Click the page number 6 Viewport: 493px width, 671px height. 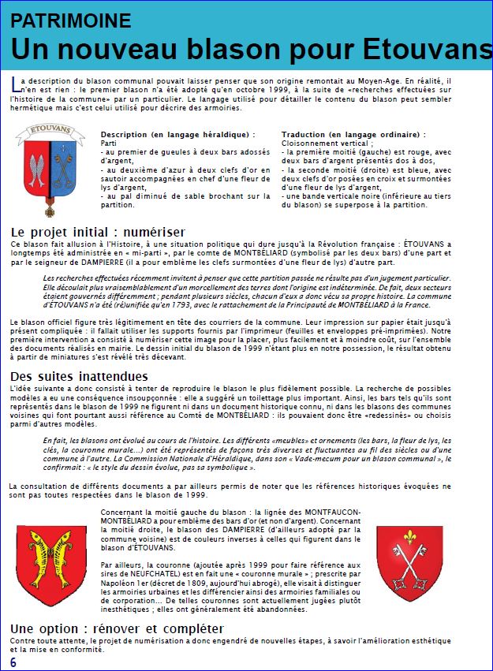[x=13, y=660]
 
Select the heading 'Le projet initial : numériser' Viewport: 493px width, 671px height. [x=98, y=232]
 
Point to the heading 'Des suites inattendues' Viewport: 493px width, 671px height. [x=79, y=375]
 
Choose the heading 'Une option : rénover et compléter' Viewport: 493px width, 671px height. [x=117, y=628]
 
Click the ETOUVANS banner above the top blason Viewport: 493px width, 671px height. [x=50, y=127]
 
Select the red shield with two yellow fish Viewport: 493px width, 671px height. [x=51, y=565]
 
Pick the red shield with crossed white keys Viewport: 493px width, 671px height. [x=409, y=562]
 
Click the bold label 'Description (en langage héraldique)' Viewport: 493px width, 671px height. [x=177, y=135]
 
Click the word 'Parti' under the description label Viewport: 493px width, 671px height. [x=109, y=144]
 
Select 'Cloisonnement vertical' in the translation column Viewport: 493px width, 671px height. [x=322, y=144]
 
